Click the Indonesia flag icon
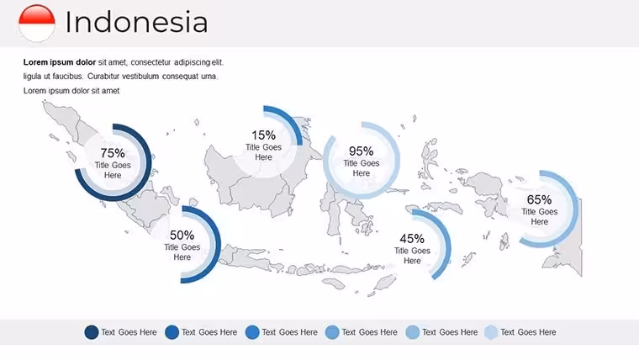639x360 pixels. (x=37, y=23)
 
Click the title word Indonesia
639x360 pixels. (x=136, y=22)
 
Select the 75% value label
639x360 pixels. (x=113, y=153)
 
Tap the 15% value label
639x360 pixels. (x=263, y=135)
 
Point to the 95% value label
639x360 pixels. (x=361, y=151)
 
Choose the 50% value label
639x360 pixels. (x=182, y=236)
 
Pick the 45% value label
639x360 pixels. (x=412, y=239)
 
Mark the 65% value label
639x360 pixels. (x=539, y=200)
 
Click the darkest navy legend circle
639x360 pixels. (x=92, y=332)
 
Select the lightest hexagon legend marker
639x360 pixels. (x=492, y=332)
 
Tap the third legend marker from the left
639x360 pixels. (x=252, y=332)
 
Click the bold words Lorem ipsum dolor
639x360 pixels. (x=60, y=62)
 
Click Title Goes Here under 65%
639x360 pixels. (x=539, y=216)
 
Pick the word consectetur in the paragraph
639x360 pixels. (x=151, y=62)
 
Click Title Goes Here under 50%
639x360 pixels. (x=182, y=252)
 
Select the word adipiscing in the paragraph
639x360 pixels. (x=192, y=63)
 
